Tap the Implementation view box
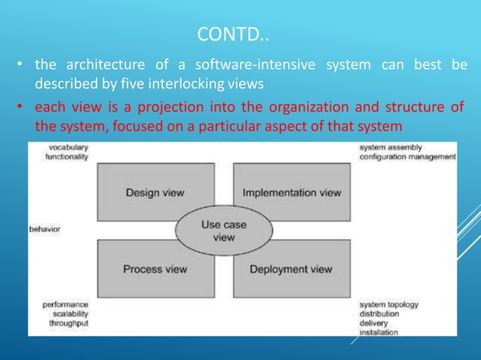tap(292, 192)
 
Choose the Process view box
tap(142, 269)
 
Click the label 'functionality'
tap(66, 157)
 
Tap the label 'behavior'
tap(45, 227)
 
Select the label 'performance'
tap(64, 304)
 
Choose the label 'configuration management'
tap(407, 157)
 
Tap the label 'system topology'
tap(389, 304)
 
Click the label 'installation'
tap(379, 331)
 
